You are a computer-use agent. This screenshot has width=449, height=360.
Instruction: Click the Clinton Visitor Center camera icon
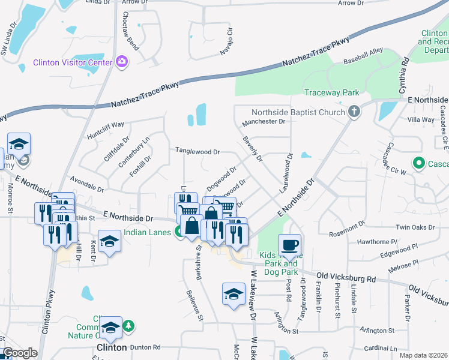(x=122, y=62)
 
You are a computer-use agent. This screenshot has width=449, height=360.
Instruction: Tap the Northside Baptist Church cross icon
(x=355, y=112)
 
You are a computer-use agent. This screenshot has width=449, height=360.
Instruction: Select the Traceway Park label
(x=331, y=92)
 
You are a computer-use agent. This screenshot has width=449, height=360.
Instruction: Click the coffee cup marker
(x=289, y=245)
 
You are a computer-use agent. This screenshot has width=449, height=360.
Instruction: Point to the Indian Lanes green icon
(x=179, y=233)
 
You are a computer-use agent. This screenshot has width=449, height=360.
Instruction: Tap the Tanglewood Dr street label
(x=197, y=151)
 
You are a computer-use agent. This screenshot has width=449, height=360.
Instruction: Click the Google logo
(x=20, y=353)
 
